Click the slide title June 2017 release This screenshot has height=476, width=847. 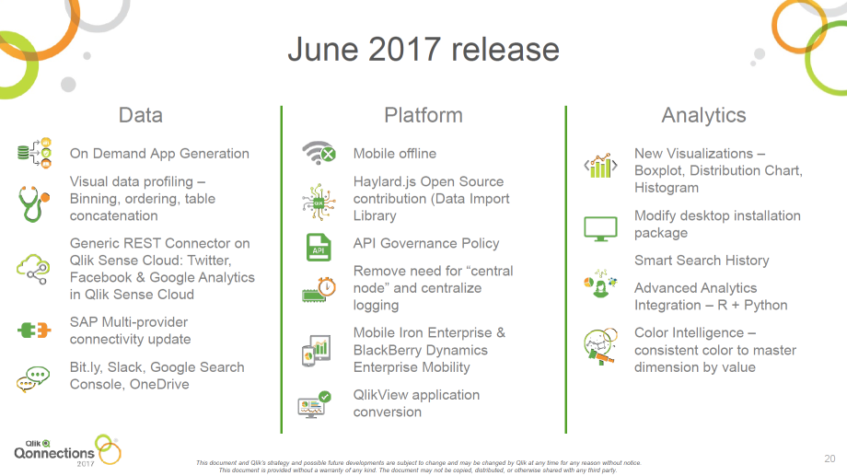[423, 50]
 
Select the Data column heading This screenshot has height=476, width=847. [141, 115]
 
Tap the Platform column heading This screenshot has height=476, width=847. [423, 115]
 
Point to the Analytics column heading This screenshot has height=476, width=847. [704, 116]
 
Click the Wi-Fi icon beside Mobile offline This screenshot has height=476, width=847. [319, 153]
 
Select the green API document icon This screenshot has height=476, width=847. [319, 248]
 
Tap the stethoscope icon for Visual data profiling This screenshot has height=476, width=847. [33, 203]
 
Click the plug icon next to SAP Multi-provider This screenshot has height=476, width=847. [34, 331]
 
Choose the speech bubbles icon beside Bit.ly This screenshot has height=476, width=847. [33, 378]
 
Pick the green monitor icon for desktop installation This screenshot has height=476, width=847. [600, 229]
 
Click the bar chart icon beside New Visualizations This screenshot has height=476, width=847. [600, 166]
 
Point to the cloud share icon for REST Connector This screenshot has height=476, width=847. [33, 269]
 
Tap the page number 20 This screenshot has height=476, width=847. [830, 459]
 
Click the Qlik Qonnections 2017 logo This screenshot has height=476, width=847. [67, 450]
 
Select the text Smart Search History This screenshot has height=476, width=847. [702, 261]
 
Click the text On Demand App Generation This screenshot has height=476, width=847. [159, 154]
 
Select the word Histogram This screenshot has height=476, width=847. [667, 188]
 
